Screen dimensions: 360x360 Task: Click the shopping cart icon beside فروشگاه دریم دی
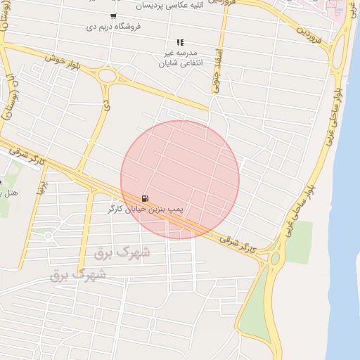(x=113, y=15)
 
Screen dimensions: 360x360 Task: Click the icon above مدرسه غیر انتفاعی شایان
(x=181, y=42)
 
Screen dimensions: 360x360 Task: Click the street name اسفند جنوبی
(x=217, y=70)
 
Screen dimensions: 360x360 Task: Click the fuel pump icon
(x=145, y=198)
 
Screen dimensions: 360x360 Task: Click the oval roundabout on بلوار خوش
(x=107, y=75)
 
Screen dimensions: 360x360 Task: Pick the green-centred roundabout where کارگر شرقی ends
(x=275, y=259)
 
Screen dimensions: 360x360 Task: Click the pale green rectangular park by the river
(x=299, y=242)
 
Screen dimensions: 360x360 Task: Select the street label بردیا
(x=41, y=188)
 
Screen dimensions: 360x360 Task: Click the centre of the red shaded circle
(x=180, y=180)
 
